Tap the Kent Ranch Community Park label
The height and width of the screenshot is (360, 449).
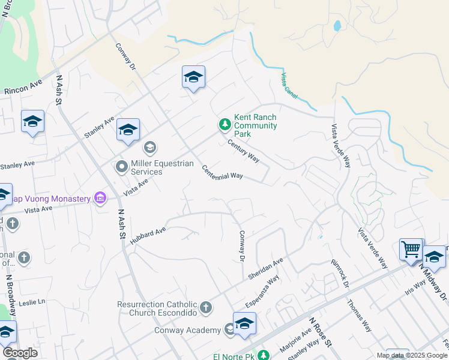[255, 125]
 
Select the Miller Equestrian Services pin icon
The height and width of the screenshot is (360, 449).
[122, 166]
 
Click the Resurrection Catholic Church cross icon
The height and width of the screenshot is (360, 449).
[206, 308]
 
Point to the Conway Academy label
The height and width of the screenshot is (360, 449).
[187, 329]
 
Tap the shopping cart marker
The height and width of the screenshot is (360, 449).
[411, 248]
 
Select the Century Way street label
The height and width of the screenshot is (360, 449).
[243, 151]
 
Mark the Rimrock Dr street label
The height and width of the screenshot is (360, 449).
[340, 273]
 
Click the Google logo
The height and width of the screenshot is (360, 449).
[20, 353]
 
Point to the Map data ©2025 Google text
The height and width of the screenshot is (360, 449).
[411, 355]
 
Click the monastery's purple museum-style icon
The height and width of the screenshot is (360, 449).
[100, 198]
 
